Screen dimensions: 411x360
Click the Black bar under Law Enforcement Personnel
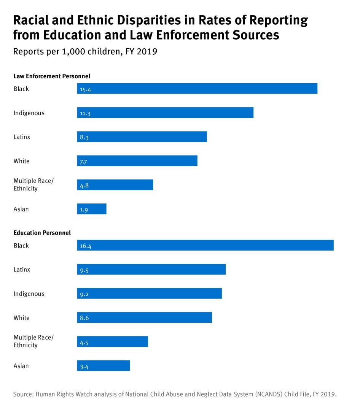coord(197,89)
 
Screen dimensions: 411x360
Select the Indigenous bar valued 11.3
coord(165,113)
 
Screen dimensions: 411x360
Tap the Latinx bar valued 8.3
coord(142,136)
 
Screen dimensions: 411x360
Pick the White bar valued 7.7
coord(137,161)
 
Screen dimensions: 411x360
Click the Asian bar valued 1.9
coord(92,209)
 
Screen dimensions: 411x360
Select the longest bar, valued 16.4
coord(205,245)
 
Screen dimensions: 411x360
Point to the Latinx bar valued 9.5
coord(151,270)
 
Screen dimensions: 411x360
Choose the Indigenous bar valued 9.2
coord(149,294)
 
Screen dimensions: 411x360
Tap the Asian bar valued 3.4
coord(104,366)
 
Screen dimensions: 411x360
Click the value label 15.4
coord(86,90)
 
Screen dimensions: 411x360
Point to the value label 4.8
coord(84,186)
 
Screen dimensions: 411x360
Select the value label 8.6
coord(84,318)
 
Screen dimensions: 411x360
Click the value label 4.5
coord(84,343)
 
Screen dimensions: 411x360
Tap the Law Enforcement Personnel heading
coord(52,76)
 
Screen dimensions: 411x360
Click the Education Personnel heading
coord(42,233)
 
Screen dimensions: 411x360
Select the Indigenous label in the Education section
coord(29,294)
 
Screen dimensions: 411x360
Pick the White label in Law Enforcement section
coord(21,161)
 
